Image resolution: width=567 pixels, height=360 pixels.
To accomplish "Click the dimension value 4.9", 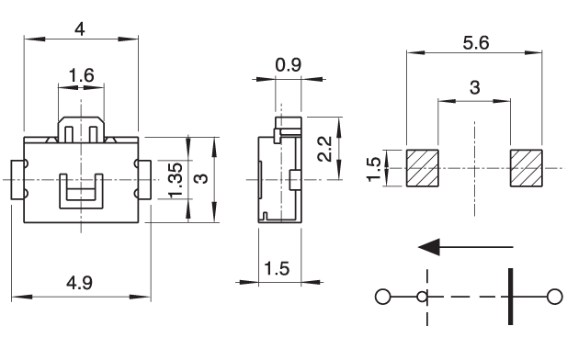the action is pos(79,282).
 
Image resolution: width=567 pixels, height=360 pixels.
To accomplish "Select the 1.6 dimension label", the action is pos(82,75).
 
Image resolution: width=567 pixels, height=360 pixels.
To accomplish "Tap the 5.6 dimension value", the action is pos(476,43).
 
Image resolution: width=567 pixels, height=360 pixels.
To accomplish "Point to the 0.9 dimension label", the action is pos(289,65).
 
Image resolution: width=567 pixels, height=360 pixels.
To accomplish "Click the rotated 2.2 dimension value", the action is pos(324,149).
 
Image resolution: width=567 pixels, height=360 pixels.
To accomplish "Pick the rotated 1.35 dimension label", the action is pos(176,180).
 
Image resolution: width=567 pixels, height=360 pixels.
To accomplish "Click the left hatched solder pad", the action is pos(423,168).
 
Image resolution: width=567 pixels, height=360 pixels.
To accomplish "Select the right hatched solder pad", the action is pos(527,168).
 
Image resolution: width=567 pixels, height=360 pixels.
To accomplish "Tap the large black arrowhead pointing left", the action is pos(429,247).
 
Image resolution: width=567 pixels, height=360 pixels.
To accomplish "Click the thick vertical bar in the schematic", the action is pos(510,297).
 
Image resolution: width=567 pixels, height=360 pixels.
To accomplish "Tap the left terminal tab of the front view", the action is pos(17,180).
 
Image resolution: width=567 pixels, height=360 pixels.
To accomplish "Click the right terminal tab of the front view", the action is pos(144,180).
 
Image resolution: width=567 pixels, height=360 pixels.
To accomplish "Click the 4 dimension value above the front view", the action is pos(80,28).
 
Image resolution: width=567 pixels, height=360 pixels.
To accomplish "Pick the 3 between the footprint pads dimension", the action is pos(474,87).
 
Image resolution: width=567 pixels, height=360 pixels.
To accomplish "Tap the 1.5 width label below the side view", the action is pos(277,268).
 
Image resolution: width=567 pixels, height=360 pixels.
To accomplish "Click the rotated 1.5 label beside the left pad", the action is pos(373,169).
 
